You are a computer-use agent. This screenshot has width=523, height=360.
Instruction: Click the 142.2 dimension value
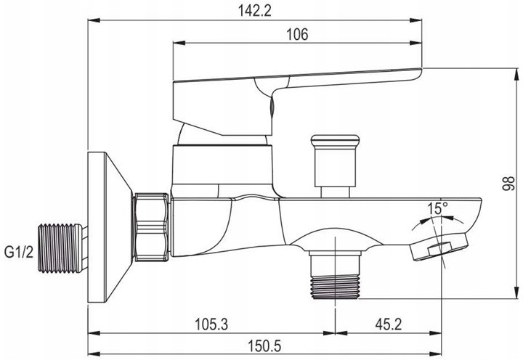click(x=254, y=11)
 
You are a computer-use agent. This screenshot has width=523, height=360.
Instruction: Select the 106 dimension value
click(x=298, y=34)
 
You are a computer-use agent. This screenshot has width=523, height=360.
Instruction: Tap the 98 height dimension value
click(x=508, y=184)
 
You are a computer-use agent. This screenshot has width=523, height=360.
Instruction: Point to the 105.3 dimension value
click(x=211, y=324)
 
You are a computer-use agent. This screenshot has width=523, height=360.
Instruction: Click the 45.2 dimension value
click(x=388, y=324)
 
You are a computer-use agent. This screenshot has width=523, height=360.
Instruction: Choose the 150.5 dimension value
click(x=264, y=346)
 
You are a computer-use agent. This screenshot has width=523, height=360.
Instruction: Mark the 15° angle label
click(x=437, y=208)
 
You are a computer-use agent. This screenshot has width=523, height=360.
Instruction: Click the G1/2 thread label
click(x=19, y=253)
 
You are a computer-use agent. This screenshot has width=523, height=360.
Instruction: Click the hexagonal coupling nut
click(x=151, y=227)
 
